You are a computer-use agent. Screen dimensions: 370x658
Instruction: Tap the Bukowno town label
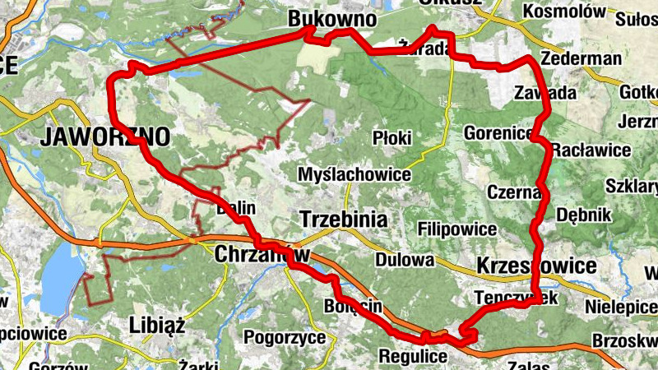[332, 18]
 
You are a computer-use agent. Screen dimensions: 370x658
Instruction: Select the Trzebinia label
[344, 220]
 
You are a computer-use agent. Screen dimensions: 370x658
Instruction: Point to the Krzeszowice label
[535, 266]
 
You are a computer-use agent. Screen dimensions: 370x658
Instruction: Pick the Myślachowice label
[354, 175]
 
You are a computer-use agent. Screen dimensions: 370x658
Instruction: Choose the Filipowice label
[457, 229]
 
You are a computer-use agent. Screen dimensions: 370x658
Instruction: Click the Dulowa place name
[404, 261]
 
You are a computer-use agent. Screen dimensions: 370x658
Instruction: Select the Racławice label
[591, 150]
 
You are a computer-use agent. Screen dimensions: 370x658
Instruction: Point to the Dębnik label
[585, 215]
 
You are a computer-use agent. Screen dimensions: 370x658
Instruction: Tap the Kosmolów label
[564, 12]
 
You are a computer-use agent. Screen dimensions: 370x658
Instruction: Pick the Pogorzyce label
[280, 336]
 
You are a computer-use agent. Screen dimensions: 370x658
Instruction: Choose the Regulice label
[412, 357]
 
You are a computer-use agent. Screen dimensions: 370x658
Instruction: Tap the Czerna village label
[513, 192]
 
